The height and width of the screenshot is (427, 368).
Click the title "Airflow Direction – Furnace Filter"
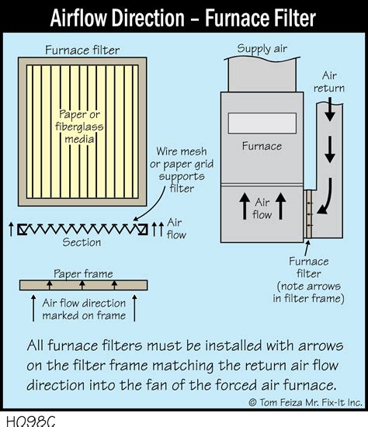[184, 16]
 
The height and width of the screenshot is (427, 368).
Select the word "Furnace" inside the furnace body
[261, 146]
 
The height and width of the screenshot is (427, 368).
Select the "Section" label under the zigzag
[82, 242]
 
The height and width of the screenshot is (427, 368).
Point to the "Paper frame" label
[82, 273]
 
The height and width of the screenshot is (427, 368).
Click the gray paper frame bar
[82, 285]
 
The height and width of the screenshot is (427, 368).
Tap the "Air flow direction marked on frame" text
[83, 310]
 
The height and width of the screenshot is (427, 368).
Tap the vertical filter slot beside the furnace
[309, 213]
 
